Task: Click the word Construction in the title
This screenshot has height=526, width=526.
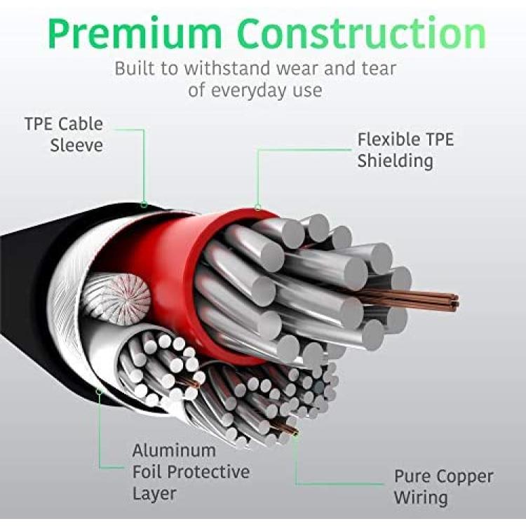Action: (363, 33)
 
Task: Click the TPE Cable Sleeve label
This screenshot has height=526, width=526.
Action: (64, 135)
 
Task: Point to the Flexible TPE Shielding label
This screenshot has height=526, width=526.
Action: (405, 150)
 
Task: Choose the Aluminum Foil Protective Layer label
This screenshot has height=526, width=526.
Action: (191, 472)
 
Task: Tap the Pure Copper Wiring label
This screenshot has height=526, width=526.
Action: (443, 487)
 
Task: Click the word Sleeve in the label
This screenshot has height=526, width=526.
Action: (76, 145)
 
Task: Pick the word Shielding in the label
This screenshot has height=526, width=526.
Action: (395, 161)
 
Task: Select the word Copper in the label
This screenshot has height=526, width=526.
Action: (465, 477)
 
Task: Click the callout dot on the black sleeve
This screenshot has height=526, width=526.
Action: (144, 205)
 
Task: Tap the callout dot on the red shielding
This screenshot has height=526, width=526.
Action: (257, 208)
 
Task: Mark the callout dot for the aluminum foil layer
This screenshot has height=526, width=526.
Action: (99, 391)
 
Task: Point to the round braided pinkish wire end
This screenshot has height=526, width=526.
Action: (116, 299)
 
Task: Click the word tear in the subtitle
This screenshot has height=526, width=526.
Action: (379, 68)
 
